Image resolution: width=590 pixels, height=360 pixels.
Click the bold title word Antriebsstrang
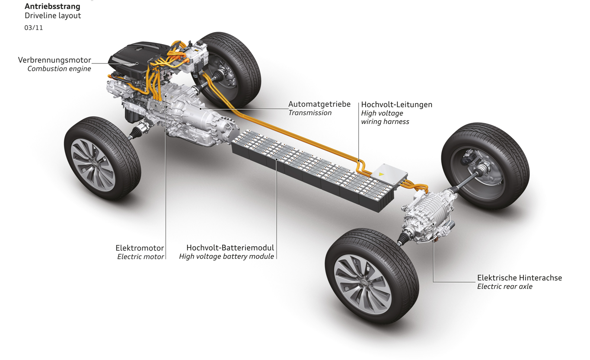coord(52,6)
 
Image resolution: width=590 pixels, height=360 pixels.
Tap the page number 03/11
coord(34,28)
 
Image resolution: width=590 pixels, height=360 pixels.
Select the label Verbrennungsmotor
coord(54,60)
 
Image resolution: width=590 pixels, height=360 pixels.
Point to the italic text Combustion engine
coord(59,69)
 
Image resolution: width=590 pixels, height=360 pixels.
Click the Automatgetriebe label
coord(319,104)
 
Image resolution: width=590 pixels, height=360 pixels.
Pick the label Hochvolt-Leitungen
coord(396,105)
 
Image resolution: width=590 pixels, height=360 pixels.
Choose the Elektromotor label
coord(140,248)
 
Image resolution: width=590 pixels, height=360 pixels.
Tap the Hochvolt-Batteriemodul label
coord(230,248)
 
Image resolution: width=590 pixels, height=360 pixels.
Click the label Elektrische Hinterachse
coord(519,278)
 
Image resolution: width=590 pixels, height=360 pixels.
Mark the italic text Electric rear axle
coord(504,287)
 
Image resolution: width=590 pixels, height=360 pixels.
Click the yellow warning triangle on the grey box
coord(381,174)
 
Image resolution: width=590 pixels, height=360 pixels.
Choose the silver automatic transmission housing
coord(195,117)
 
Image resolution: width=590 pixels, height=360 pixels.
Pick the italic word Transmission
coord(310,113)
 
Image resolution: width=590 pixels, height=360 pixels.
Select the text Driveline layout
coord(53,16)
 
